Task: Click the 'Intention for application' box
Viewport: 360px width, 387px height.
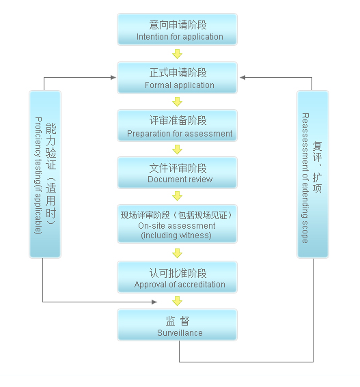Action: pyautogui.click(x=177, y=29)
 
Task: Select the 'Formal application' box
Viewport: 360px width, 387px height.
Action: pyautogui.click(x=177, y=78)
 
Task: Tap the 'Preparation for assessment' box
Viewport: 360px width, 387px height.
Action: pyautogui.click(x=177, y=126)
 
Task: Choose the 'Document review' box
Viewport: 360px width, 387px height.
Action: pyautogui.click(x=177, y=173)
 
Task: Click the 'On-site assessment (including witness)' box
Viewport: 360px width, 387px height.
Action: pyautogui.click(x=177, y=224)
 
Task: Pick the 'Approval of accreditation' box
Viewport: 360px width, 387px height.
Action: pyautogui.click(x=177, y=277)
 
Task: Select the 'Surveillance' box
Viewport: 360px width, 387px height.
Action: pyautogui.click(x=177, y=325)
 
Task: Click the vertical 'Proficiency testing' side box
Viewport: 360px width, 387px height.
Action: pyautogui.click(x=45, y=174)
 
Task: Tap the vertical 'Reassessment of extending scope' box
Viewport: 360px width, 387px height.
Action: pyautogui.click(x=313, y=174)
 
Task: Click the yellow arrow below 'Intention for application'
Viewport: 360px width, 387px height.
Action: pyautogui.click(x=177, y=54)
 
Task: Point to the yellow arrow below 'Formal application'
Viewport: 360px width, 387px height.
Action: pyautogui.click(x=177, y=102)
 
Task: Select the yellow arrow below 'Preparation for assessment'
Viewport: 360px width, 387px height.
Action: pyautogui.click(x=177, y=149)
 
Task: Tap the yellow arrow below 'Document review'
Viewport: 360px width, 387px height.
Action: pyautogui.click(x=177, y=196)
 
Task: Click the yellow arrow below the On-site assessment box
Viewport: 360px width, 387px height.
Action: pyautogui.click(x=177, y=253)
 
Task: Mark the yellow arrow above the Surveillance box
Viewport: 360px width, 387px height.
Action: pyautogui.click(x=177, y=301)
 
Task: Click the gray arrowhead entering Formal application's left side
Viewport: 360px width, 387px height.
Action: pyautogui.click(x=113, y=78)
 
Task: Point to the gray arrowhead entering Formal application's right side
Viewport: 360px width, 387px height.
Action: pyautogui.click(x=243, y=78)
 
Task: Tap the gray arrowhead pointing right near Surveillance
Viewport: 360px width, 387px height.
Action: pyautogui.click(x=154, y=302)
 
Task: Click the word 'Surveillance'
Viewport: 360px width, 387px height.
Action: pyautogui.click(x=180, y=333)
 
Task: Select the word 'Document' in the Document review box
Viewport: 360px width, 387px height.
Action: pyautogui.click(x=165, y=180)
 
